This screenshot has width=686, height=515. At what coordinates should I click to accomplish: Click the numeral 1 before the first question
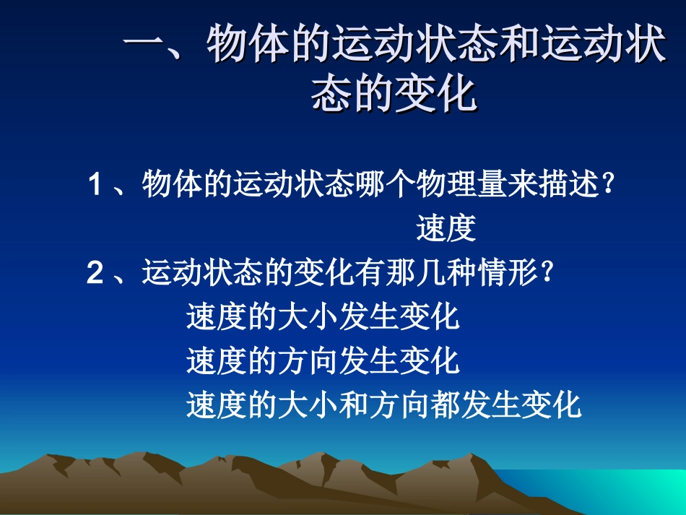click(x=95, y=185)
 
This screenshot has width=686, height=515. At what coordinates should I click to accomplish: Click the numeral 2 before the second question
click(x=95, y=274)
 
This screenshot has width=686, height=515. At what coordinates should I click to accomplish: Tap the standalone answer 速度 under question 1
click(x=446, y=229)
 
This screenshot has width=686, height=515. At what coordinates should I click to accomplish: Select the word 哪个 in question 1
click(x=386, y=185)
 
